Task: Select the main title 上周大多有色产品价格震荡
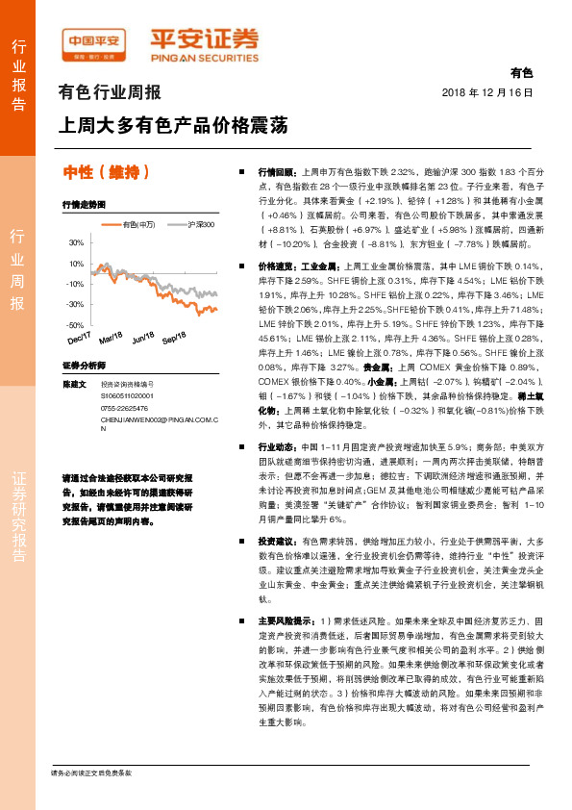[x=172, y=126]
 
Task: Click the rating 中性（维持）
[x=107, y=172]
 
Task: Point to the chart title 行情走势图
[x=81, y=206]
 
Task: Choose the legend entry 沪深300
[x=200, y=224]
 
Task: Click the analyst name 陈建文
[x=74, y=383]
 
